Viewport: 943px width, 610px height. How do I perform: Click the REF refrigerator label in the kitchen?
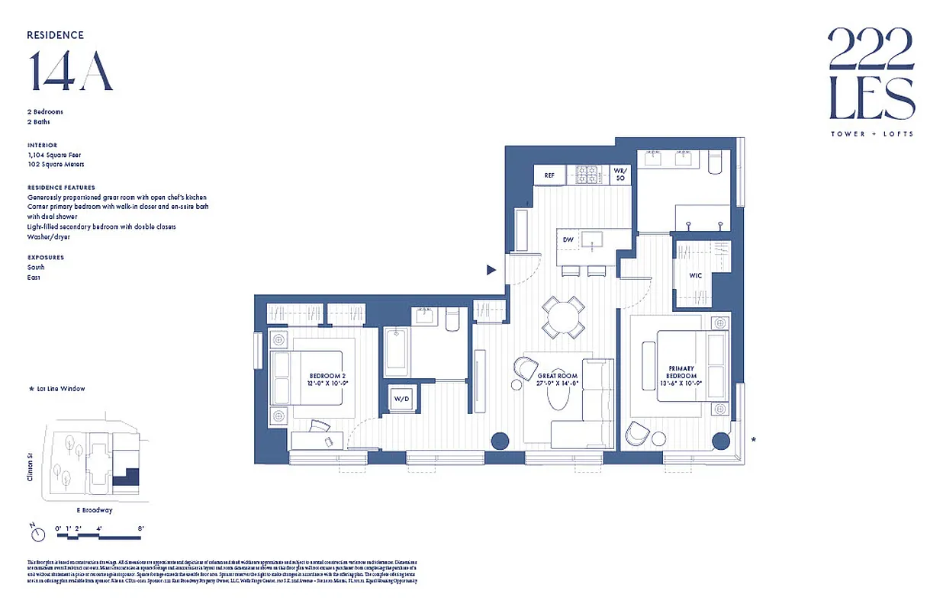pyautogui.click(x=549, y=175)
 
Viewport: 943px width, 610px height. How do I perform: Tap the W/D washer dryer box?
pyautogui.click(x=401, y=399)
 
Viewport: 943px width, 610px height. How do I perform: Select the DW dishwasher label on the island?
pyautogui.click(x=568, y=239)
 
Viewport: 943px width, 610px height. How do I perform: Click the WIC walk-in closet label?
pyautogui.click(x=695, y=275)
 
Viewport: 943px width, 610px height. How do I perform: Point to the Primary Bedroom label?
pyautogui.click(x=681, y=372)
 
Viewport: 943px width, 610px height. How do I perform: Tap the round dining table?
pyautogui.click(x=564, y=316)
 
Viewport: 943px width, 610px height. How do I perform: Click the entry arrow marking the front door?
pyautogui.click(x=492, y=269)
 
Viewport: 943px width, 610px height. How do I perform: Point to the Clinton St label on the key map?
pyautogui.click(x=31, y=467)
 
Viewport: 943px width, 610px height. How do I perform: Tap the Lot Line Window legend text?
pyautogui.click(x=61, y=389)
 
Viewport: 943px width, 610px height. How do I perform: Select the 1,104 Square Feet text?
pyautogui.click(x=56, y=155)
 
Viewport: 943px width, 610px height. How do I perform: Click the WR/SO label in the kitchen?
pyautogui.click(x=620, y=175)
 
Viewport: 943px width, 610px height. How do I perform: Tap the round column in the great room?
pyautogui.click(x=500, y=441)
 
